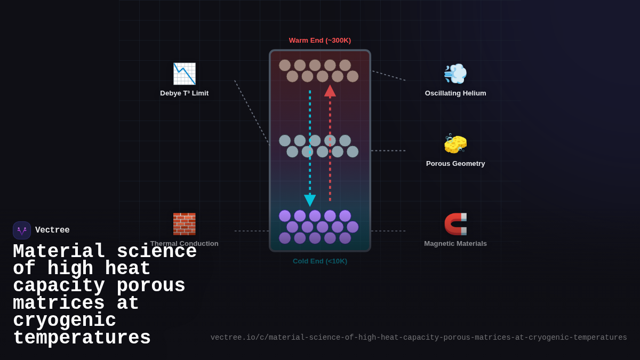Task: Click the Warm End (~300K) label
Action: click(x=320, y=41)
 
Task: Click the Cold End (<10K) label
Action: click(x=320, y=261)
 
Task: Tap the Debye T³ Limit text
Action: click(x=184, y=93)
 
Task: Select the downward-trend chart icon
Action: click(x=184, y=74)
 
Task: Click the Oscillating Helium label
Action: click(x=455, y=93)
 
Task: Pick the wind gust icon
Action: click(x=455, y=74)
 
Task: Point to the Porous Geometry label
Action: click(x=455, y=164)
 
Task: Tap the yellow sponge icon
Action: click(x=455, y=143)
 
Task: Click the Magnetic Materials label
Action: click(x=455, y=244)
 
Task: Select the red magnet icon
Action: click(x=455, y=224)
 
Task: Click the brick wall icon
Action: click(x=184, y=224)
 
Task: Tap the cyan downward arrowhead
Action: click(x=310, y=201)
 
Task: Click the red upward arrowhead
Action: click(x=330, y=91)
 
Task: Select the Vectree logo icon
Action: click(x=22, y=230)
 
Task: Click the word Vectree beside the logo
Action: click(x=52, y=230)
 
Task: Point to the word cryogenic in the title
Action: click(x=65, y=321)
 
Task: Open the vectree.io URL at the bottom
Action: click(x=419, y=338)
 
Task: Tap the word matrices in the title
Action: click(x=59, y=303)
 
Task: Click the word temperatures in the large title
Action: click(x=82, y=338)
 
